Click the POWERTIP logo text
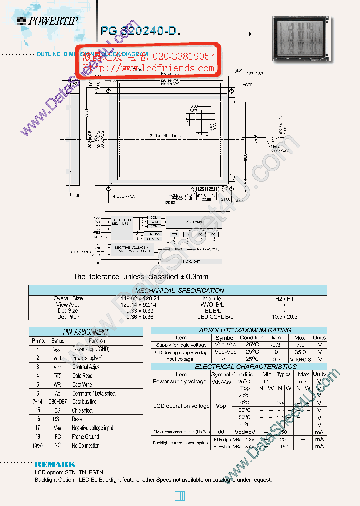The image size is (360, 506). [52, 21]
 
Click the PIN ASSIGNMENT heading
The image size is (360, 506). [86, 332]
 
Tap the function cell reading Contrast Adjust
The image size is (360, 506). [87, 367]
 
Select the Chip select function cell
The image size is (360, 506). [82, 410]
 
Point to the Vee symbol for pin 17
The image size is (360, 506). [57, 428]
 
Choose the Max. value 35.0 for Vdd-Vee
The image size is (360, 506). [300, 352]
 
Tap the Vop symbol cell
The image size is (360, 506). [220, 406]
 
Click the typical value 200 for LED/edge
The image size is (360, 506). [284, 439]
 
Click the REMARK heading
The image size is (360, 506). [55, 464]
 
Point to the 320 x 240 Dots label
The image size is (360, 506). [165, 135]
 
